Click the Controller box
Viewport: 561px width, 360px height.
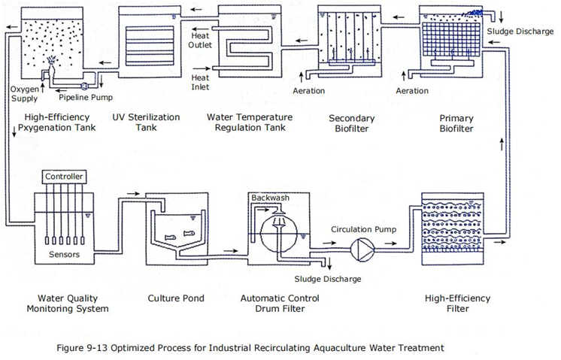(x=65, y=177)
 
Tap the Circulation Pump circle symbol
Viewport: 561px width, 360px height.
(x=362, y=250)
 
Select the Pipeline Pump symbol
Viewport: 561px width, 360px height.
(x=85, y=86)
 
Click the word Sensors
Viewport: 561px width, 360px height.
(x=65, y=255)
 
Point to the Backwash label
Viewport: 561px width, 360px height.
(x=270, y=198)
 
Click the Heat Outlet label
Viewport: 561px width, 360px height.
(x=200, y=41)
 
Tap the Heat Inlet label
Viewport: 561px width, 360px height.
(x=200, y=82)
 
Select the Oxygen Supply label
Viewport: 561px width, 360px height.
(x=24, y=94)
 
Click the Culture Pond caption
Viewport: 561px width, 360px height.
(x=176, y=298)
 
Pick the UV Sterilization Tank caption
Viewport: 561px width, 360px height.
(x=146, y=123)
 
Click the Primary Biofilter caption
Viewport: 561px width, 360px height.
(x=456, y=123)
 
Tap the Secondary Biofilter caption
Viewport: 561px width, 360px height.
(x=352, y=123)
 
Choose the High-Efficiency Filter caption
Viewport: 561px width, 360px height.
(x=458, y=304)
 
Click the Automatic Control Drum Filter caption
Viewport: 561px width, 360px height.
(x=280, y=304)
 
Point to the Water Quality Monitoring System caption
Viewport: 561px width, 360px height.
(x=68, y=304)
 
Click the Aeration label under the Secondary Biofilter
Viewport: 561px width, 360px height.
(x=309, y=91)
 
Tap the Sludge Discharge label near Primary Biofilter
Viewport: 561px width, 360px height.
(x=520, y=32)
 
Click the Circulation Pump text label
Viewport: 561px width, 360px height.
(x=363, y=229)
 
